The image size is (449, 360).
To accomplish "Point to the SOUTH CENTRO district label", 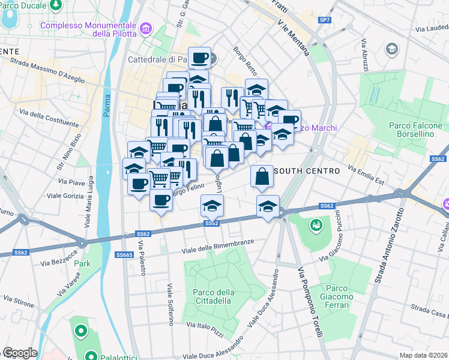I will [307, 171].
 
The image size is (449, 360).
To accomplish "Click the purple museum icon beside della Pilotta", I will [145, 28].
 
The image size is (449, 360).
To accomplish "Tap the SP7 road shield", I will [325, 20].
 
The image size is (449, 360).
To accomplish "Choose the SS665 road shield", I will [124, 255].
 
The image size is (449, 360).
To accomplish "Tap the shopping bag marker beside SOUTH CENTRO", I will [262, 176].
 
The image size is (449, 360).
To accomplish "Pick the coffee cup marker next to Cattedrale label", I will [199, 58].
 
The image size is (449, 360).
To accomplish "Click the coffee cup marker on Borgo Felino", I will [161, 200].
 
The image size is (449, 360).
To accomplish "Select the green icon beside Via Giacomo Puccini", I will [315, 225].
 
